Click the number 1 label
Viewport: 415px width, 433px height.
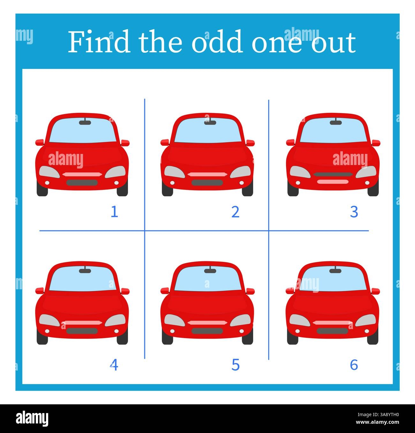coord(114,212)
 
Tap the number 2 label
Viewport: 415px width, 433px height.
coord(235,212)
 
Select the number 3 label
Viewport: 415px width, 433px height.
coord(354,212)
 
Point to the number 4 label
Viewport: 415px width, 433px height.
coord(114,365)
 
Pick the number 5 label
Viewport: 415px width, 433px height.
coord(235,365)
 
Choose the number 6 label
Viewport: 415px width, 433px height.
coord(354,365)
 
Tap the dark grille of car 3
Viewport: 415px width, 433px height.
coord(333,174)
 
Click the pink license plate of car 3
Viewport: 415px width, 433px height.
coord(333,182)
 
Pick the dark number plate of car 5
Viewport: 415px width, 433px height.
coord(207,331)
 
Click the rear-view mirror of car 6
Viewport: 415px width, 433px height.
coord(335,271)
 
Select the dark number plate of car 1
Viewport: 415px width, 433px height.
coord(82,183)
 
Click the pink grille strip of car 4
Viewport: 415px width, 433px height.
coord(82,323)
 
